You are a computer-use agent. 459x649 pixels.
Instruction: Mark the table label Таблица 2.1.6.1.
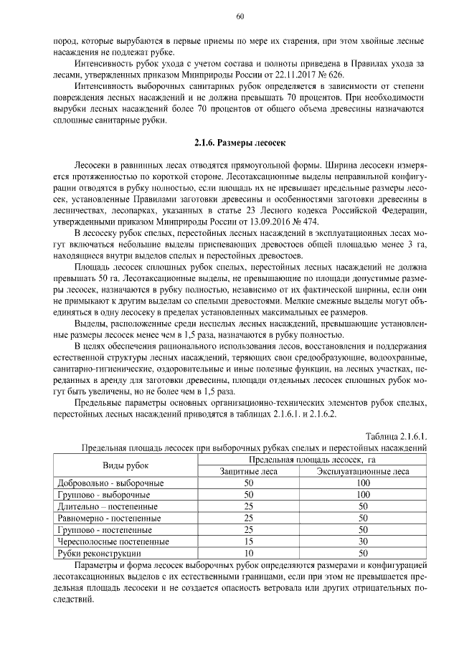396,435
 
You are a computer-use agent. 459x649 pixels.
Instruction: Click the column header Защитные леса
250,471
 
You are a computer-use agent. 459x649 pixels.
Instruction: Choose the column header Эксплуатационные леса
363,471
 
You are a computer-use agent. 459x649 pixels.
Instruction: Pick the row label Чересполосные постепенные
113,541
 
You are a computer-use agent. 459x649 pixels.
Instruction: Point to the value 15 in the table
250,541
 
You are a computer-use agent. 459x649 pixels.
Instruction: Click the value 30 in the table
363,541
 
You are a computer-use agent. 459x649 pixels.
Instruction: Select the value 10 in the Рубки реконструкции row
250,554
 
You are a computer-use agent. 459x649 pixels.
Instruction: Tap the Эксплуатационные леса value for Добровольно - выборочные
363,483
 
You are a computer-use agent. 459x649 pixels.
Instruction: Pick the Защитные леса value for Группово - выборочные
250,495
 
